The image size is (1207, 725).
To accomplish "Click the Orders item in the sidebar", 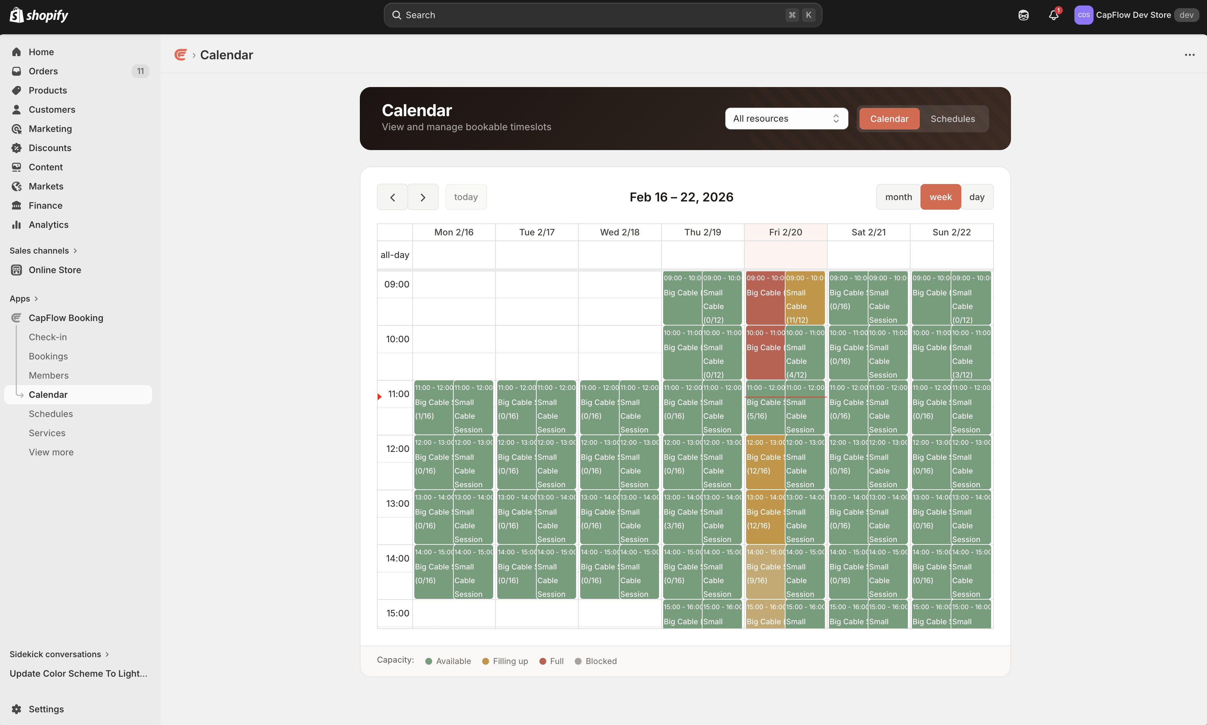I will point(43,71).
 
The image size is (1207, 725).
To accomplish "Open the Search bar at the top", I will point(602,15).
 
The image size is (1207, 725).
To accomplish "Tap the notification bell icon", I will point(1053,15).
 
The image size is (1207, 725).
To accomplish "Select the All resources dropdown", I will point(786,119).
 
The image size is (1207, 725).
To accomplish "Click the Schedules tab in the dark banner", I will point(952,119).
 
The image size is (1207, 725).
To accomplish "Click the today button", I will point(465,197).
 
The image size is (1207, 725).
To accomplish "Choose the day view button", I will point(976,197).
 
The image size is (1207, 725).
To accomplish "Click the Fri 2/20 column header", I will point(785,232).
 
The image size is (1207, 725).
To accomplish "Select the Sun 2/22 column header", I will point(951,232).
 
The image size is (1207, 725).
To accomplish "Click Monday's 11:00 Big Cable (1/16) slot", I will point(433,408).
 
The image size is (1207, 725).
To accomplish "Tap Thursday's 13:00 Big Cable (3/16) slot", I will point(682,518).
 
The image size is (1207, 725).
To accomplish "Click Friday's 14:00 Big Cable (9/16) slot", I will point(765,573).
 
